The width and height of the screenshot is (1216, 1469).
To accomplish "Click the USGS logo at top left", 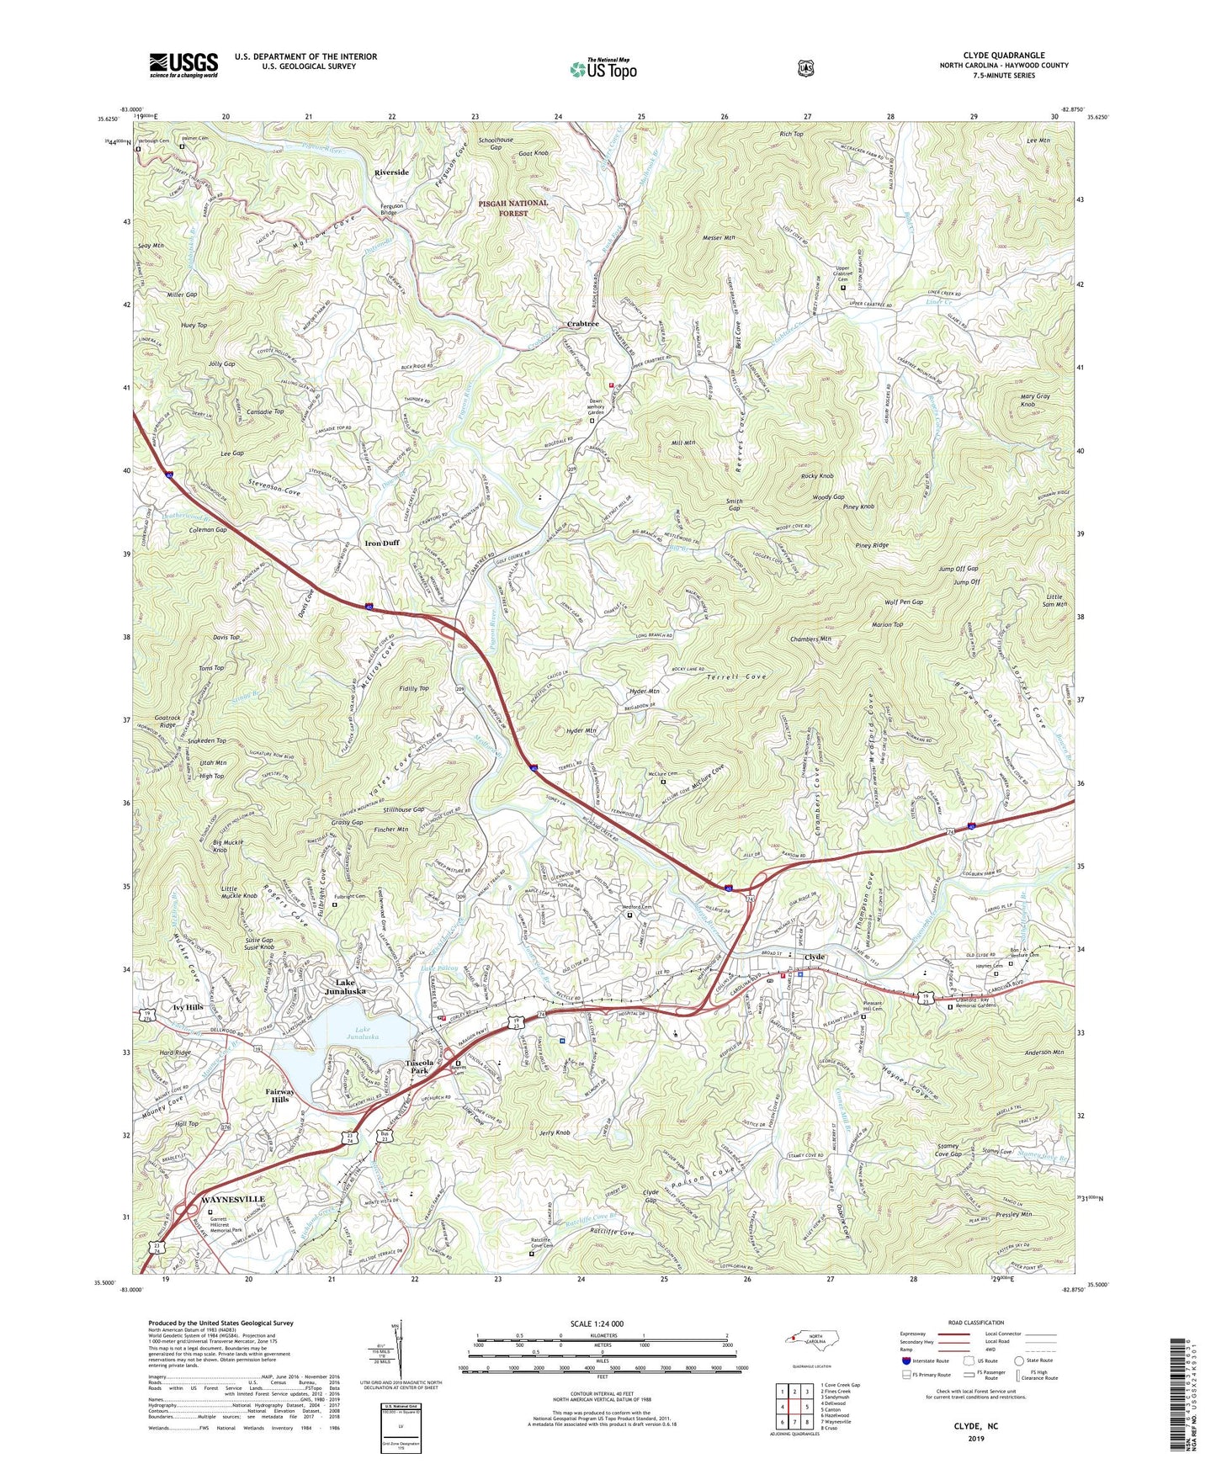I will tap(183, 65).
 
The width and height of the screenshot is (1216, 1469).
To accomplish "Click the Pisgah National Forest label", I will tap(513, 208).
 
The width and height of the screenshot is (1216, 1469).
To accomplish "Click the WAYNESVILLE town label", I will tap(221, 1199).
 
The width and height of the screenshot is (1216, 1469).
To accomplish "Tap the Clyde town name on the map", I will tap(815, 957).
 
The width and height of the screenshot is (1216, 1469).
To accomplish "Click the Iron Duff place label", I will tap(382, 543).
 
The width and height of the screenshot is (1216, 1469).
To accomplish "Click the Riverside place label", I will tap(391, 172).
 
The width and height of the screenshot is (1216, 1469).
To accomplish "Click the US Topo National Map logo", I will tap(602, 69).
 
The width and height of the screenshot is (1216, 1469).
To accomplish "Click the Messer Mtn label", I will tap(718, 239).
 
